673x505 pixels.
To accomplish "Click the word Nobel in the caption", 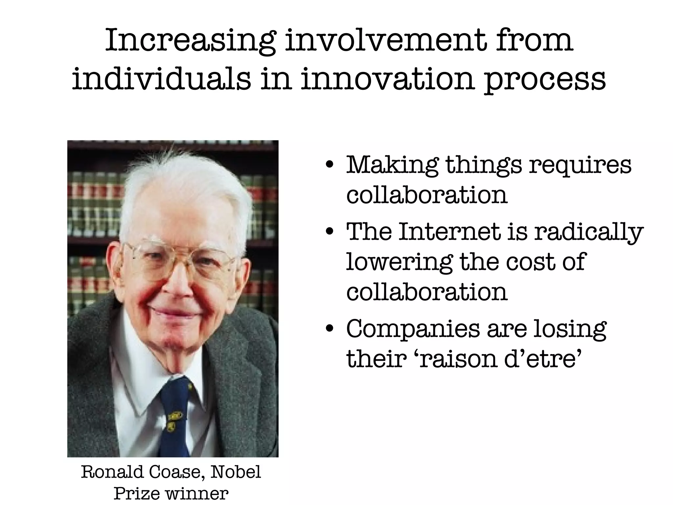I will click(236, 472).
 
